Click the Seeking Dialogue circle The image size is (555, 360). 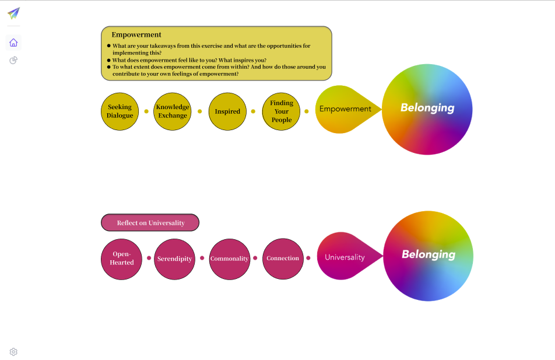click(120, 111)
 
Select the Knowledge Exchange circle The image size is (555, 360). click(173, 111)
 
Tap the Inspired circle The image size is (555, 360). click(227, 111)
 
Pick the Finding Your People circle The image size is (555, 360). click(282, 111)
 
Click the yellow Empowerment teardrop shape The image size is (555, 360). click(344, 109)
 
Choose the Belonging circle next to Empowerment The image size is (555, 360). click(427, 109)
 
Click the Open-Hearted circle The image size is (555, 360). click(122, 259)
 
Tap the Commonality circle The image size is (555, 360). click(229, 259)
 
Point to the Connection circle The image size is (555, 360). click(283, 259)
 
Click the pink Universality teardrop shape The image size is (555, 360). click(345, 257)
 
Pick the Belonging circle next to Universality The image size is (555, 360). click(428, 256)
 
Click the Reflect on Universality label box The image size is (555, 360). click(150, 223)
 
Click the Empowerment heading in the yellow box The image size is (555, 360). click(136, 35)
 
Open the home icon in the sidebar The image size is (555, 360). click(13, 43)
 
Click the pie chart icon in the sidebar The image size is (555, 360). click(13, 60)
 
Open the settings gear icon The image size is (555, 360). click(13, 352)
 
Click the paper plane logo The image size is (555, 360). click(13, 13)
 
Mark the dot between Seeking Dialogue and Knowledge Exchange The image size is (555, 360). click(146, 111)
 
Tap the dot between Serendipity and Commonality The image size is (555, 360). click(202, 258)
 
